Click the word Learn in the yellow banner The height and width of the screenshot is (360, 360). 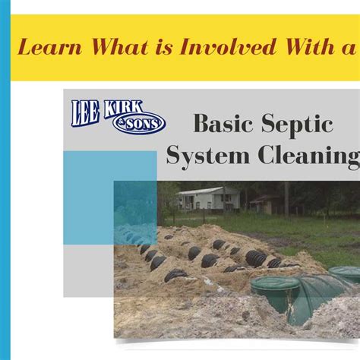(50, 47)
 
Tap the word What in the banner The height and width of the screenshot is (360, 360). (119, 46)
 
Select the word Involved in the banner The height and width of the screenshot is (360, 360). (227, 46)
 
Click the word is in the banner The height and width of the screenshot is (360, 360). (164, 47)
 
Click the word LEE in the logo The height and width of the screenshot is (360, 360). (85, 113)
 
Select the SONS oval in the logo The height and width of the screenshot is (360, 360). (140, 124)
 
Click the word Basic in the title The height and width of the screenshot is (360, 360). (223, 123)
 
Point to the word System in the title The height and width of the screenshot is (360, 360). (208, 157)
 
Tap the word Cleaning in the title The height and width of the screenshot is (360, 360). (309, 157)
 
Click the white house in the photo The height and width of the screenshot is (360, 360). (208, 198)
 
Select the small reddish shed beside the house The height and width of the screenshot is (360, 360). (264, 204)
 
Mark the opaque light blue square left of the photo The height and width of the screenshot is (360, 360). (110, 198)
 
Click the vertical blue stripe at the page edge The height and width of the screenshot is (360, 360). (5, 180)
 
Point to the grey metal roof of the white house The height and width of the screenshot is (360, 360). (201, 191)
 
